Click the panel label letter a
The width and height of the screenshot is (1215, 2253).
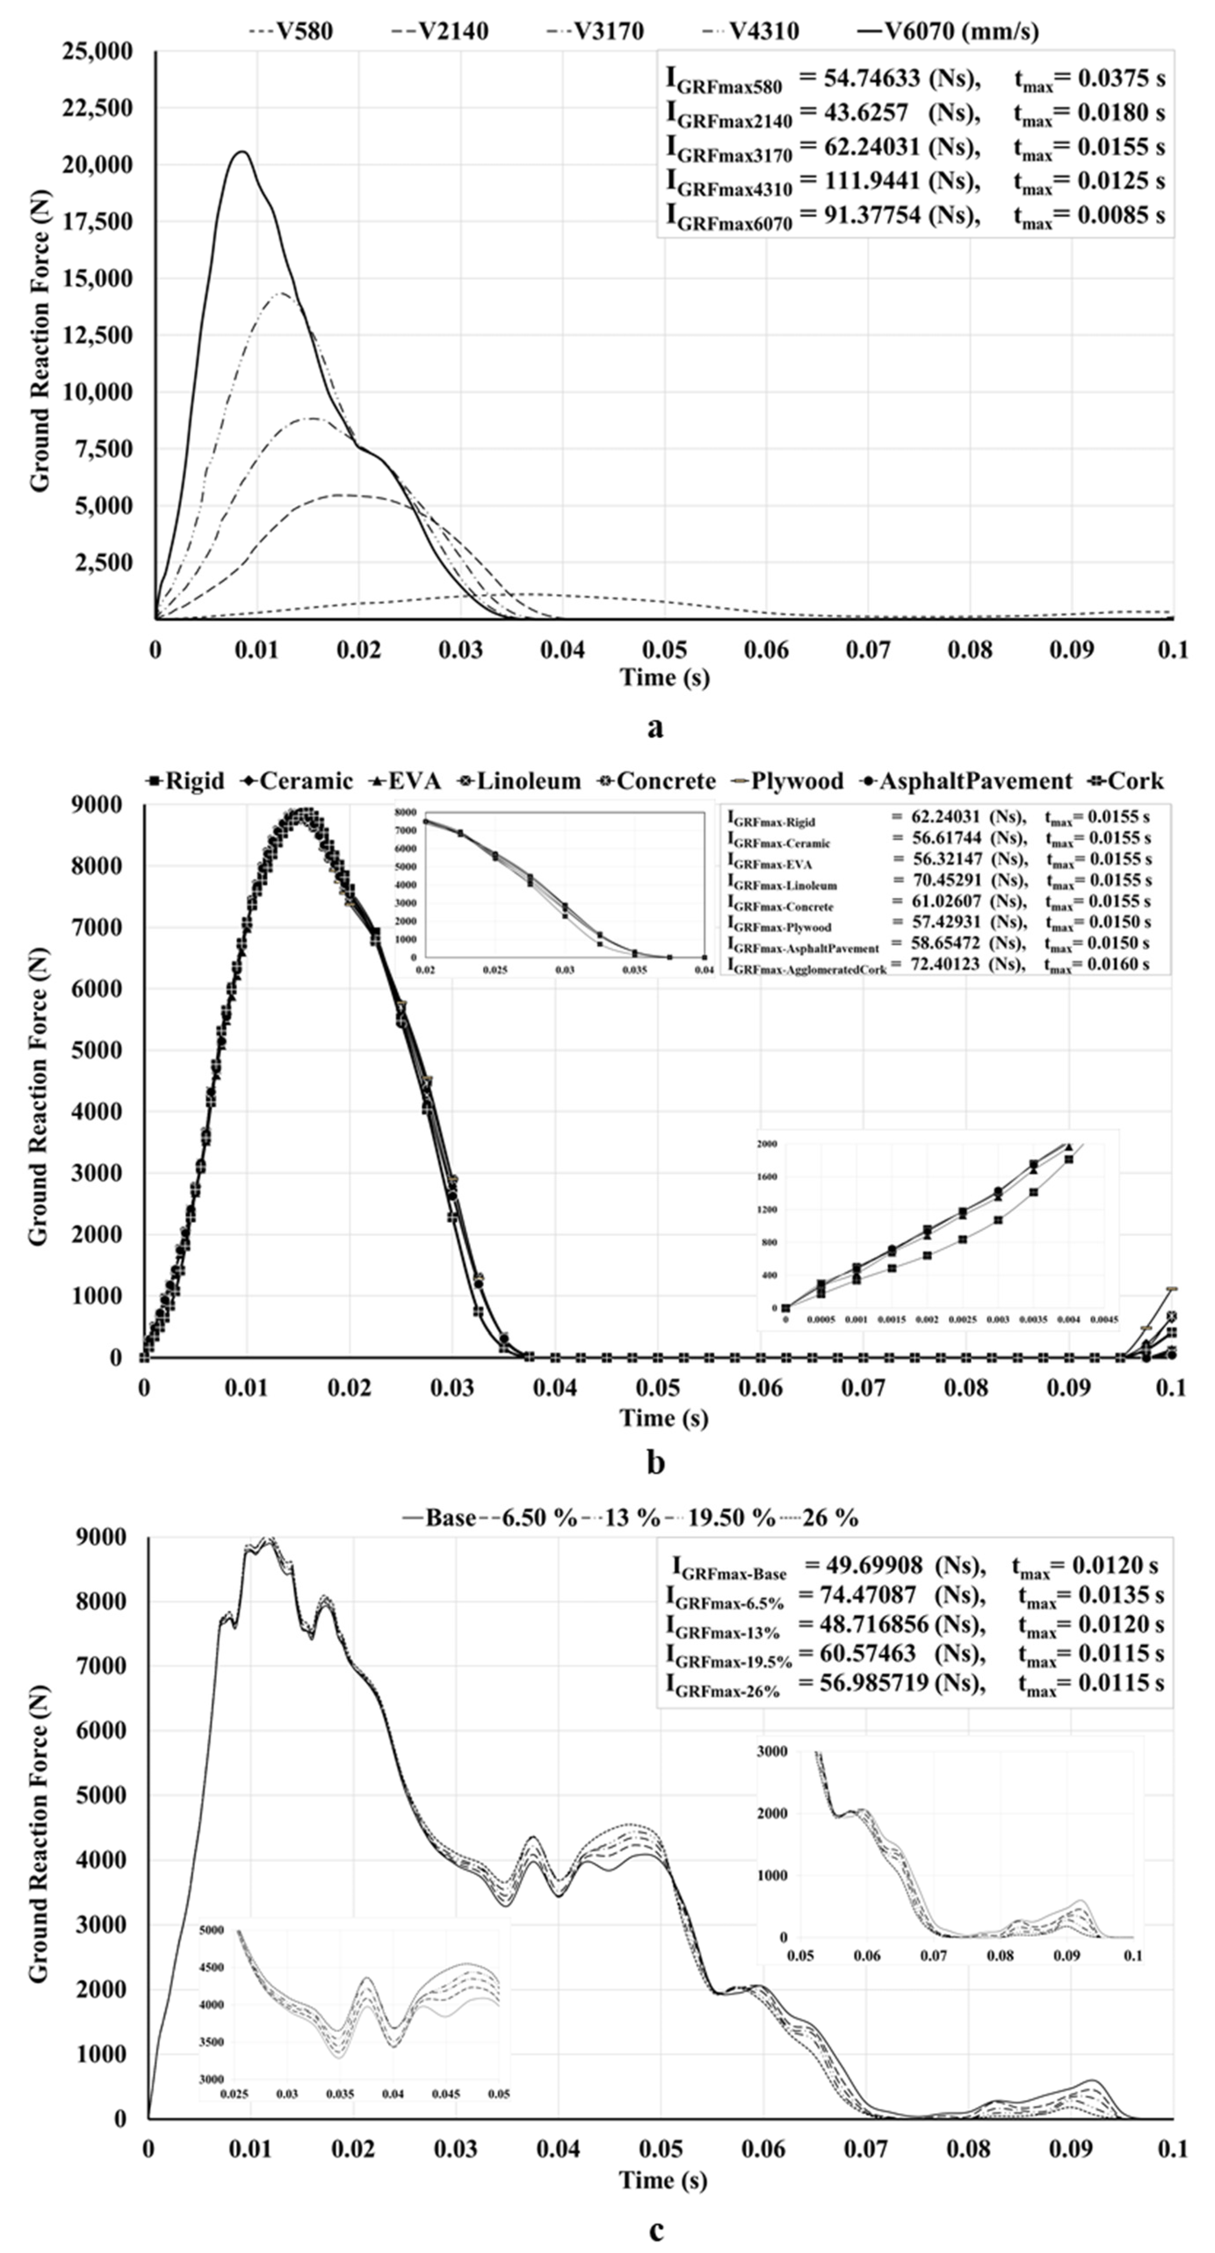655,726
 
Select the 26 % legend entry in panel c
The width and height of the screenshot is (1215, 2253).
829,1518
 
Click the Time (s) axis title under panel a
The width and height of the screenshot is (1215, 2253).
664,677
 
